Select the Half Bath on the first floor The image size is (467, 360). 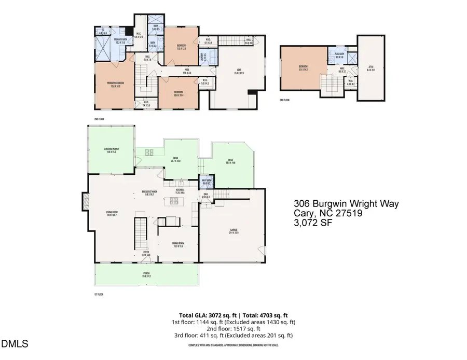click(x=207, y=182)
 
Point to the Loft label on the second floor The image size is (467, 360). click(x=239, y=72)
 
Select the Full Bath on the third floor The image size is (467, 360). click(x=340, y=57)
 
